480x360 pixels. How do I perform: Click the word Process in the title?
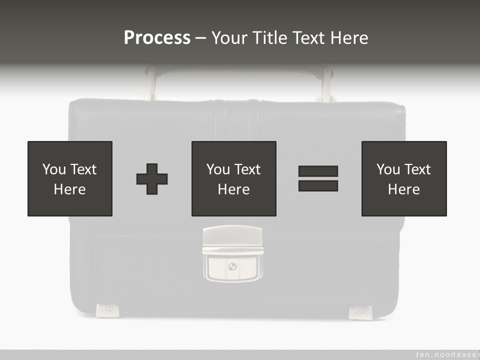157,38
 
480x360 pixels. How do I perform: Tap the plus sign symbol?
152,179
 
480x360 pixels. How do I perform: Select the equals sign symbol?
318,178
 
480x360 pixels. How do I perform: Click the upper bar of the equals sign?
318,171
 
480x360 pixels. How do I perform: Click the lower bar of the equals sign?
318,186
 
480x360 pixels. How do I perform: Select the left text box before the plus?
70,178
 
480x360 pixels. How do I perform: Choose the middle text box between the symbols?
233,178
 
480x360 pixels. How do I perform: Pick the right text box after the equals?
404,178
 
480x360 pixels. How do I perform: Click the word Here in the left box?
69,189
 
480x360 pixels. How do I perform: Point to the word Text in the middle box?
247,169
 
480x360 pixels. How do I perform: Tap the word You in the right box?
388,169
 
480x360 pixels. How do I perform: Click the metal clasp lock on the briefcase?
232,254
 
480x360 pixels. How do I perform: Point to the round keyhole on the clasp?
232,266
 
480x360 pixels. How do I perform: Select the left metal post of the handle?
149,82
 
